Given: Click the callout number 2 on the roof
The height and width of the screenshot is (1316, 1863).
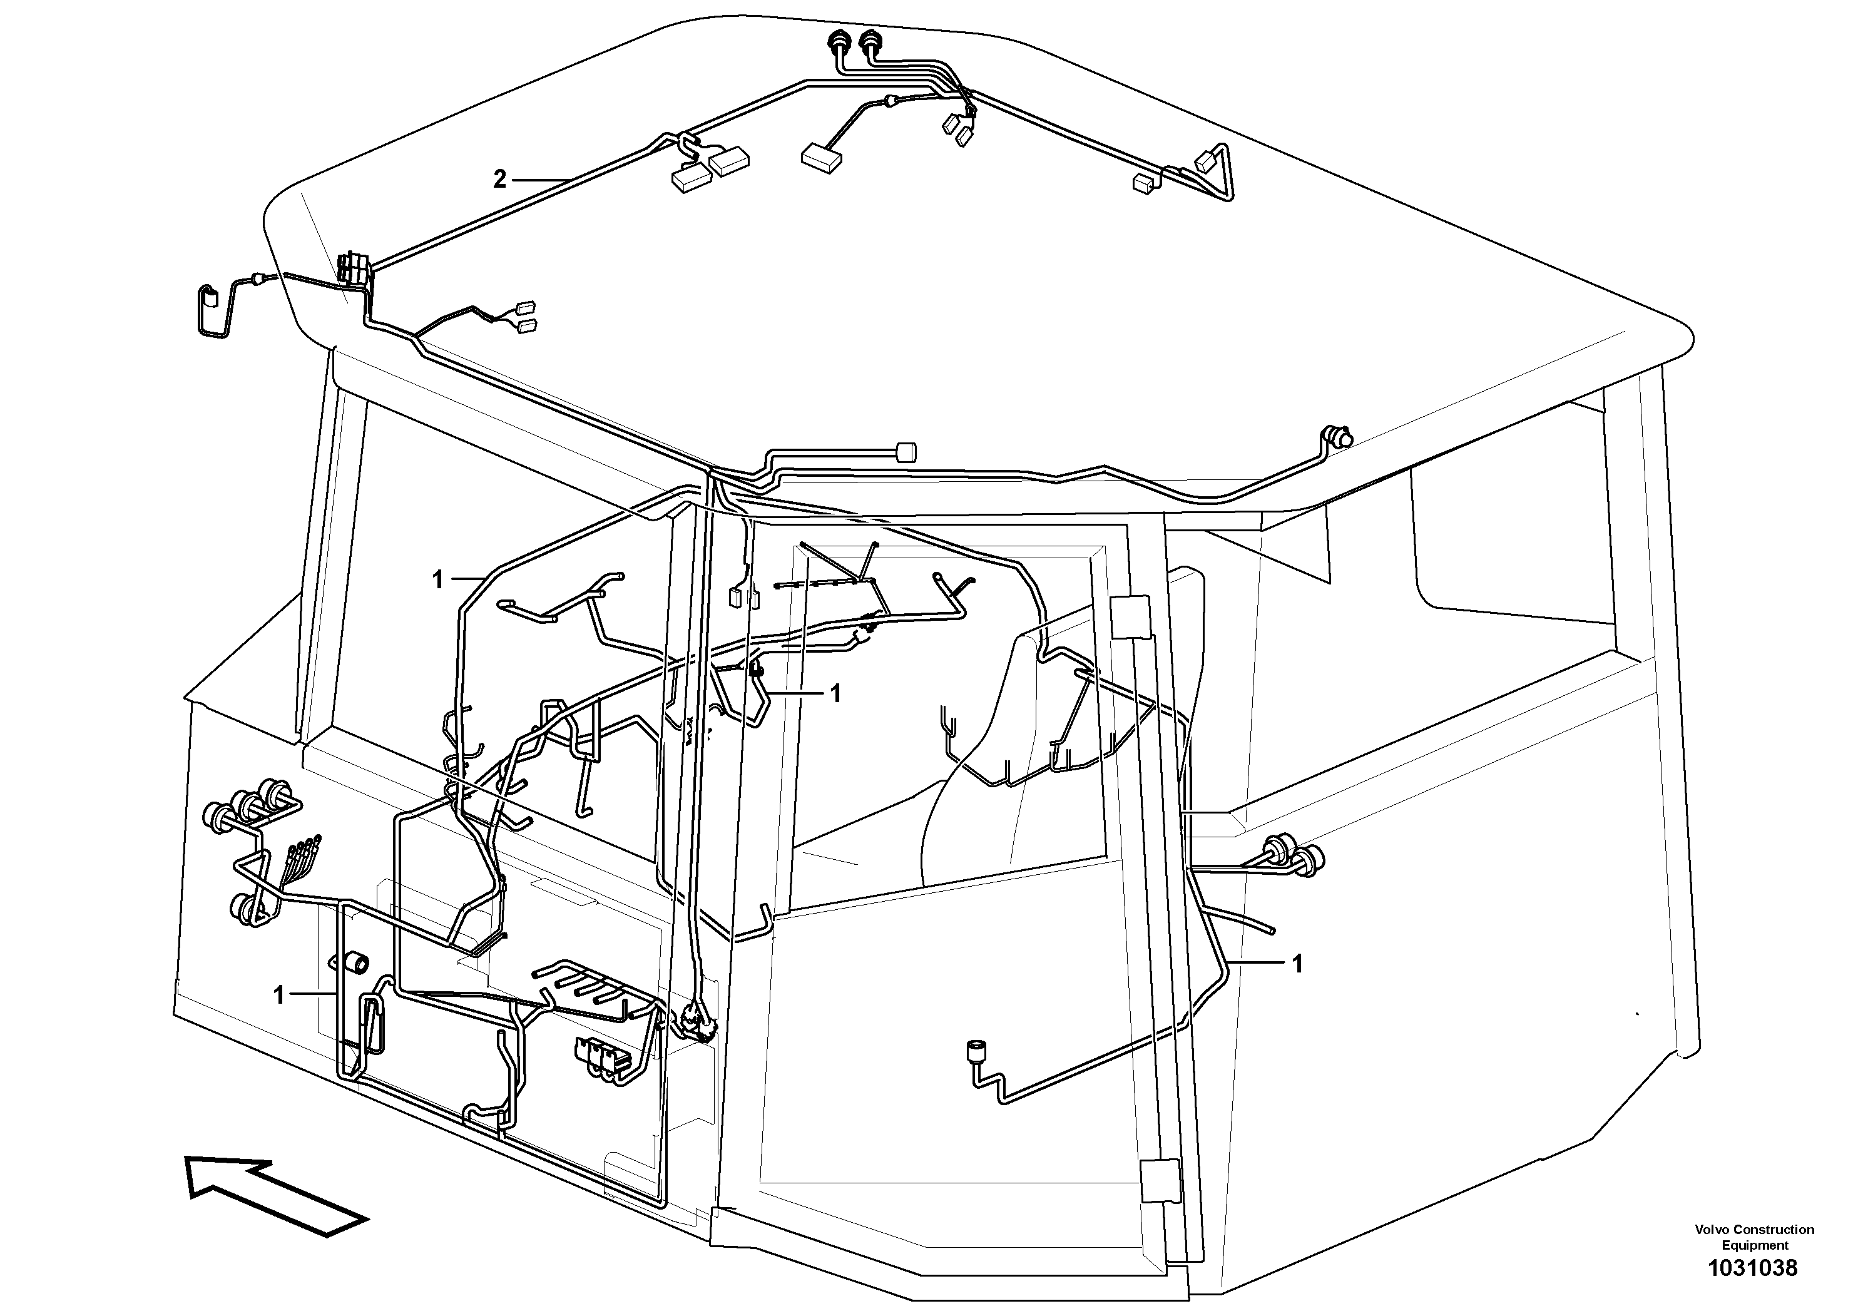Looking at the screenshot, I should click(500, 180).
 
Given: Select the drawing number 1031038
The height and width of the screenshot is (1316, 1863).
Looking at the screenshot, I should click(1753, 1268).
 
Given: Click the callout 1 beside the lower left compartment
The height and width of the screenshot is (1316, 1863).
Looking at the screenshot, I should click(280, 995).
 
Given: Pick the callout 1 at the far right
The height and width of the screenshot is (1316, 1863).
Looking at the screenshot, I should click(1297, 964).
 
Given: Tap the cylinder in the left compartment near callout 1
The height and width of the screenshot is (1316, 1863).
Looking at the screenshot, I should click(355, 963).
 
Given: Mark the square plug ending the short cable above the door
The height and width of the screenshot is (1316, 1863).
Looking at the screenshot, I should click(906, 452).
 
